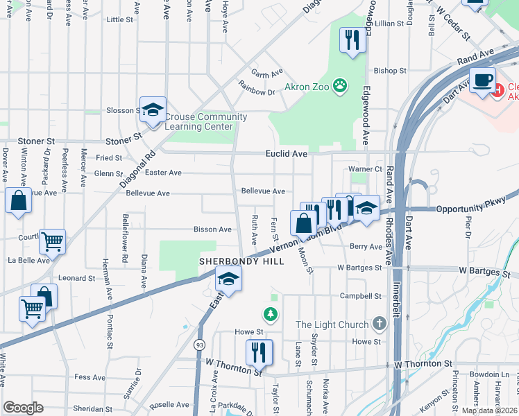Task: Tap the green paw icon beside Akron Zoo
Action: coord(339,86)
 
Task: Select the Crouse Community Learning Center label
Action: coord(206,121)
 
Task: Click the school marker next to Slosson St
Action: coord(153,110)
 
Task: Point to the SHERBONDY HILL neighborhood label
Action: coord(232,261)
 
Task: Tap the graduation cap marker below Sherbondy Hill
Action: coord(228,279)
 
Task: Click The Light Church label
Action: coord(334,324)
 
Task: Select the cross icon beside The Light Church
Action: coord(378,324)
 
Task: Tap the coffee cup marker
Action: coord(483,80)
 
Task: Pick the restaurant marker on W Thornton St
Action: coord(259,352)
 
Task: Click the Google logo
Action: coord(23,408)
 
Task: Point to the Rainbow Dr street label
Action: coord(257,91)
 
